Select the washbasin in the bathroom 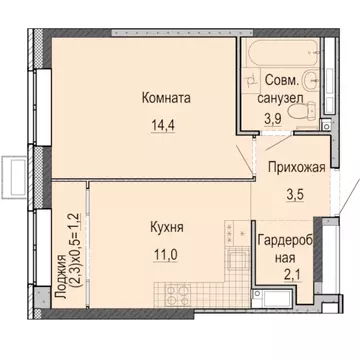[318, 78]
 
